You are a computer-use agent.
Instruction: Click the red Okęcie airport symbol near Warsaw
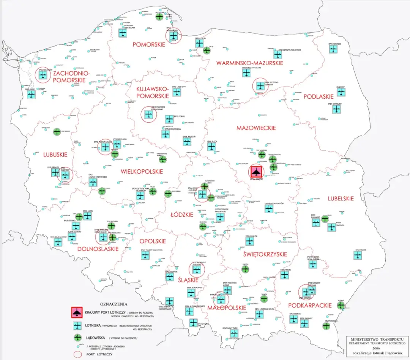pos(255,171)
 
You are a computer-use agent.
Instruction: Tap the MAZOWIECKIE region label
pos(256,128)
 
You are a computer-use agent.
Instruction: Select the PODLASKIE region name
pos(318,97)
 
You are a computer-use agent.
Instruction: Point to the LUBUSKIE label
pos(55,155)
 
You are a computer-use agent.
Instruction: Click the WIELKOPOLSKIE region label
pos(142,172)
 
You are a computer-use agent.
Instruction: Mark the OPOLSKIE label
pos(153,241)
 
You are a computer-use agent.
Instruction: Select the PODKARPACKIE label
pos(310,305)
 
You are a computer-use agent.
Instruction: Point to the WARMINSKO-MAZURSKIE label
pos(249,63)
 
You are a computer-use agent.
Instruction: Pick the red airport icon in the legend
pos(77,312)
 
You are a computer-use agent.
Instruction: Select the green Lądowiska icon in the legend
pos(77,338)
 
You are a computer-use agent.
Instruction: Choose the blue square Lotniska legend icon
pos(77,325)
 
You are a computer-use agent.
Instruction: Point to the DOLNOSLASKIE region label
pos(98,249)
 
